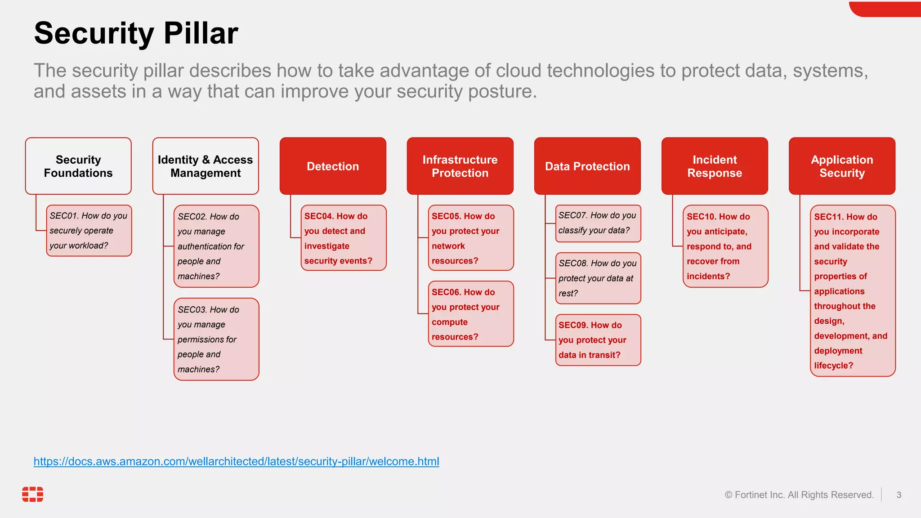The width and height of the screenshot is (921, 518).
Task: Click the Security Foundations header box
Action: [78, 166]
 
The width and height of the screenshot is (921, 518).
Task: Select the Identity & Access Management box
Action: [206, 166]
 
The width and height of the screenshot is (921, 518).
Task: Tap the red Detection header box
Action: [333, 166]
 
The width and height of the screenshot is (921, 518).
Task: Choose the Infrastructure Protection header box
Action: [460, 166]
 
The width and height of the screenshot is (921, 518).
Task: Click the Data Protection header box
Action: [587, 166]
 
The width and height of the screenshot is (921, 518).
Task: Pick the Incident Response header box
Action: [715, 166]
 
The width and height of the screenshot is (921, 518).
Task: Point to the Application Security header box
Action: [842, 166]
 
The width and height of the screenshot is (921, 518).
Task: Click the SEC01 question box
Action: [89, 231]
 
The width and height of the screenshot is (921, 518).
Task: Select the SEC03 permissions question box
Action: [216, 339]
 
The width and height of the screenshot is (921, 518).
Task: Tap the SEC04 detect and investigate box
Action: [344, 238]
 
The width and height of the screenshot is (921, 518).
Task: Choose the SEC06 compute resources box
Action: [471, 314]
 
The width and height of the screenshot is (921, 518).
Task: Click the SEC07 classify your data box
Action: [598, 223]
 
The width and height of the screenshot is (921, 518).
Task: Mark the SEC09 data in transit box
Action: [598, 340]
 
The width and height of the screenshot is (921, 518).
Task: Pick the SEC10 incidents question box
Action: [725, 246]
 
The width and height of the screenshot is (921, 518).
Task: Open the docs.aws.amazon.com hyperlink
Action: [236, 461]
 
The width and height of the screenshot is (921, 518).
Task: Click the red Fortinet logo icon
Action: [33, 494]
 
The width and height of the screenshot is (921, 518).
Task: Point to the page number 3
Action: [899, 495]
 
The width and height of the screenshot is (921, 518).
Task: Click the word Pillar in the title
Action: [201, 33]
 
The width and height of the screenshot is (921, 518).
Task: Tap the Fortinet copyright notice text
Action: [799, 495]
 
